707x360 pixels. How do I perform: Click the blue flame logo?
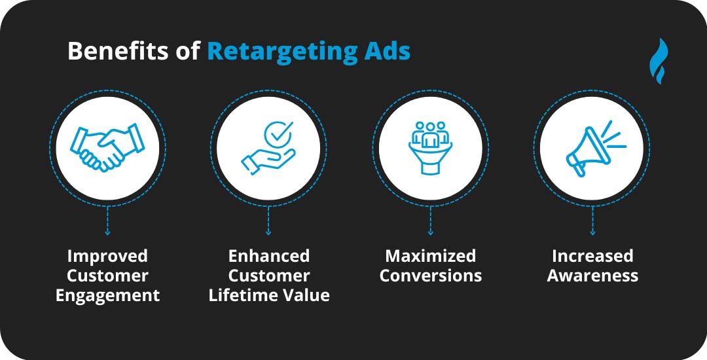point(659,62)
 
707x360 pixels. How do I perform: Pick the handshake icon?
point(107,147)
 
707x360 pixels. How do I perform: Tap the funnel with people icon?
point(430,147)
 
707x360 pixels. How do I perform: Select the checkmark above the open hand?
point(278,133)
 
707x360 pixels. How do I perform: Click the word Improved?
point(107,256)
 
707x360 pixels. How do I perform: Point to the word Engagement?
point(107,296)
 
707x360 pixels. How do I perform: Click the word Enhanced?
point(269,256)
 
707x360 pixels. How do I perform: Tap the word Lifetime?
point(245,296)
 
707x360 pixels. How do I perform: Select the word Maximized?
point(430,256)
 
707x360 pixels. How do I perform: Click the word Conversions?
point(430,276)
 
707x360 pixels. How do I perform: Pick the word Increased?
point(592,256)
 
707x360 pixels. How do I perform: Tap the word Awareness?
point(592,276)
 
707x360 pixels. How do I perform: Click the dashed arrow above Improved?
point(107,221)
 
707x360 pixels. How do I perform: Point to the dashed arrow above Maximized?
point(430,221)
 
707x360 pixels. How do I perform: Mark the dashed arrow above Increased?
point(592,221)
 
